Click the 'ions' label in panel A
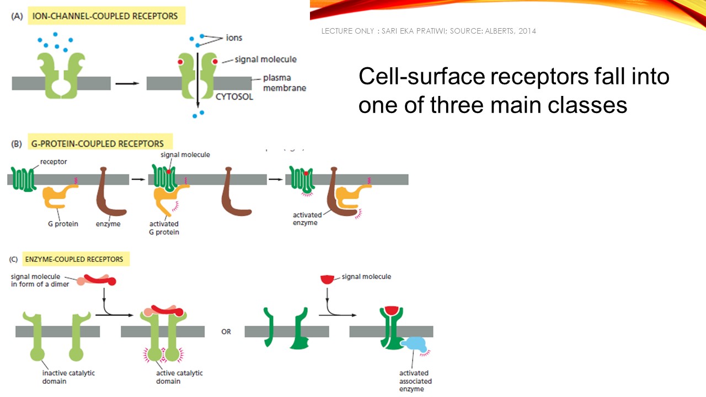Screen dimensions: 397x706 pyautogui.click(x=234, y=38)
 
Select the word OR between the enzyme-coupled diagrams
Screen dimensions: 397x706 pyautogui.click(x=226, y=332)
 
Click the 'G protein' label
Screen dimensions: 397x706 pyautogui.click(x=63, y=224)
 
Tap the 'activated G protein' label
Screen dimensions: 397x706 pyautogui.click(x=164, y=228)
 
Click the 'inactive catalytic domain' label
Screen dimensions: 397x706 pyautogui.click(x=68, y=377)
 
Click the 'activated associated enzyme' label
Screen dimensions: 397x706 pyautogui.click(x=415, y=381)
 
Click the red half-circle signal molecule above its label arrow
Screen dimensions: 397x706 pyautogui.click(x=328, y=279)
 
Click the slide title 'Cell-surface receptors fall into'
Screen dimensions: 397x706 pyautogui.click(x=514, y=77)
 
